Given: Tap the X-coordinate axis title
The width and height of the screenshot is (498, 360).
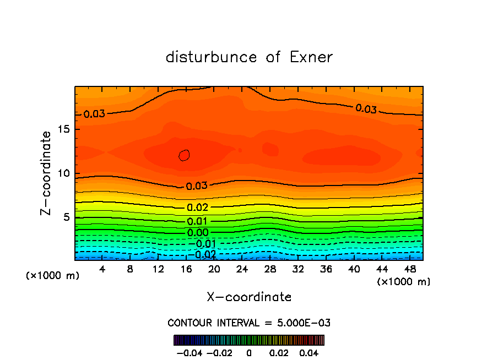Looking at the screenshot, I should (x=249, y=297).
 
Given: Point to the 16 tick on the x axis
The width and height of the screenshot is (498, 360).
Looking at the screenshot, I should (x=186, y=269).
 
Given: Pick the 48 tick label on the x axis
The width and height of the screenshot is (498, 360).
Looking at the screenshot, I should (x=410, y=269).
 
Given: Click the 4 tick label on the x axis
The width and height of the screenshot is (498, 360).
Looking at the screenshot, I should (x=102, y=269).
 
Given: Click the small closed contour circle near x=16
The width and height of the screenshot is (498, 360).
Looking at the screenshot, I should (x=185, y=155).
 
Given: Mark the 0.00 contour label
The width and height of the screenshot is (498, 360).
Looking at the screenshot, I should (x=197, y=232).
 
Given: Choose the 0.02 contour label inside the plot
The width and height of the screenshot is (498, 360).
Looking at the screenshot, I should (x=197, y=208).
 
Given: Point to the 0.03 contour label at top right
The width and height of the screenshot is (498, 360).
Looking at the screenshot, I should (x=366, y=108).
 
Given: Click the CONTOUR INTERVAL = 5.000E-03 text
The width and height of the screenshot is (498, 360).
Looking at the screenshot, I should (x=249, y=323).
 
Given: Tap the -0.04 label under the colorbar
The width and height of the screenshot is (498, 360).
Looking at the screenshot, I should (x=189, y=352).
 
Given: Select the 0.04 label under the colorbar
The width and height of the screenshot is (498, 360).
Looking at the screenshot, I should (x=308, y=352).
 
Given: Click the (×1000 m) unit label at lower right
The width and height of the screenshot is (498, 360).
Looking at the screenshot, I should (x=403, y=282).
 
